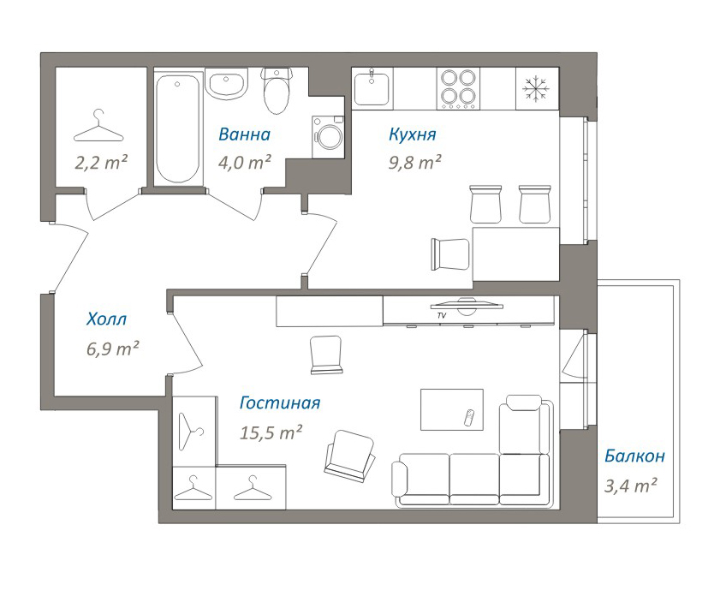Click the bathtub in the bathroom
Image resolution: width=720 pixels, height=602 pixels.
coord(178,128)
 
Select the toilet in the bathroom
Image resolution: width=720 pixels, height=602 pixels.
coord(277,91)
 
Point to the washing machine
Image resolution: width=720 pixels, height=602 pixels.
coord(328,137)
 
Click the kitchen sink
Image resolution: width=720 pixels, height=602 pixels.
coord(373,88)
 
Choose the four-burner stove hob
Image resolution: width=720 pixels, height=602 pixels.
coord(458,89)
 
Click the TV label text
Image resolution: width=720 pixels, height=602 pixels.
coord(443,316)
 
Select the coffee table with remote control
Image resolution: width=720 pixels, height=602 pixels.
coord(452,409)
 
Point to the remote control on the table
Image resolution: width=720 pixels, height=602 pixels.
coord(469,417)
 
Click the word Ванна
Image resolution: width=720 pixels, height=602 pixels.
coord(244,134)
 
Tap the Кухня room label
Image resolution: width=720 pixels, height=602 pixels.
coord(413,134)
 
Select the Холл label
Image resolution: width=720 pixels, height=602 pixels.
coord(106,319)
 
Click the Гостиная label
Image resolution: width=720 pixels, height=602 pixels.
coord(280,402)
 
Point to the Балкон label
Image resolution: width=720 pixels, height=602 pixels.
coord(634,456)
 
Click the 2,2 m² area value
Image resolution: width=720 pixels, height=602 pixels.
coord(101,163)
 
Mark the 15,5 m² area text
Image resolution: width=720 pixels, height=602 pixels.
coord(271,432)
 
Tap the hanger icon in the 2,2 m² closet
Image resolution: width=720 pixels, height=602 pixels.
coord(98,126)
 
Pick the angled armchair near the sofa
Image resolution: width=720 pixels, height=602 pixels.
coord(349,456)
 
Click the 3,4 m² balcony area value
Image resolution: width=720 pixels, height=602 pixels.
coord(630,486)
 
